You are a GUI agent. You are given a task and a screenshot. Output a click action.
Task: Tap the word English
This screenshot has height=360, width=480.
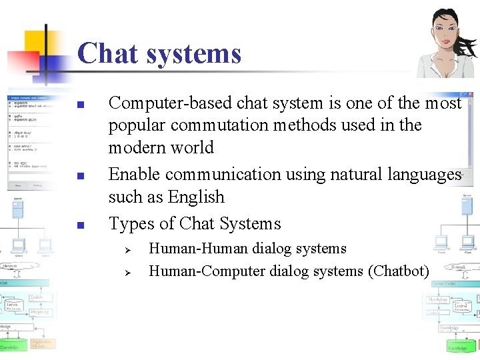pyautogui.click(x=197, y=197)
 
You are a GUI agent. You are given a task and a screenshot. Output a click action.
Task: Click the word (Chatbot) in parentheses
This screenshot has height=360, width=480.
pyautogui.click(x=398, y=271)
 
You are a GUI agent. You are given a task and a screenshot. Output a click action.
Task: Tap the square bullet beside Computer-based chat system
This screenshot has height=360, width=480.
pyautogui.click(x=79, y=105)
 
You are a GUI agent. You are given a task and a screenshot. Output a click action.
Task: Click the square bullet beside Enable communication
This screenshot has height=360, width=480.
pyautogui.click(x=79, y=176)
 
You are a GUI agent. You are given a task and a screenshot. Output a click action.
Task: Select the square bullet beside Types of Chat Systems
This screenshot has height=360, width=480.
pyautogui.click(x=79, y=225)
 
